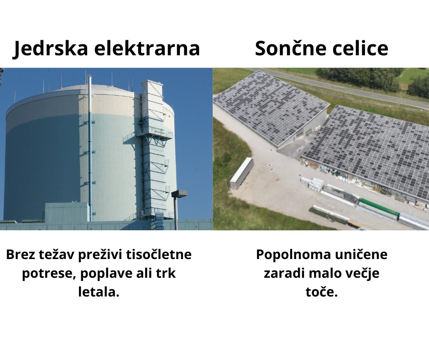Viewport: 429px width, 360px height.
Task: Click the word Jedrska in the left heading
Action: (x=51, y=49)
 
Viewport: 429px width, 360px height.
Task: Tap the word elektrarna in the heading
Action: (x=147, y=48)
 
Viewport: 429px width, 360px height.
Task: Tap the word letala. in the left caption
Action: (x=99, y=291)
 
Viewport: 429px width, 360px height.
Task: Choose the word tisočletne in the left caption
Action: (x=159, y=254)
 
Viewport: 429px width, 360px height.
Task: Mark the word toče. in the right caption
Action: (x=322, y=291)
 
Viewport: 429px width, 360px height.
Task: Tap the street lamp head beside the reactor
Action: (x=179, y=193)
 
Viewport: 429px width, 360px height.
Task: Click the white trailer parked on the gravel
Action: (x=241, y=173)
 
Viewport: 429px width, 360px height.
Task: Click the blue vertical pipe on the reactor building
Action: (x=90, y=148)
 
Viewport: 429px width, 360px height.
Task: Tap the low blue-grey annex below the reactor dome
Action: (x=67, y=212)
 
